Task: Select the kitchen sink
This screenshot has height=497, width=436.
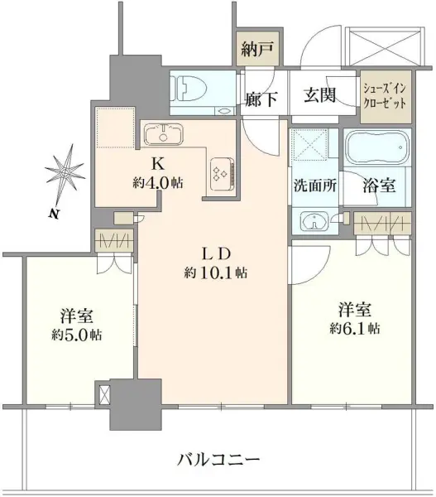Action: pos(165,134)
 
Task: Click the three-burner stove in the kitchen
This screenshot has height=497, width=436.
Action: pos(222,171)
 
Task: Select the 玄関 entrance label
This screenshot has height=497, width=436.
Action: pos(319,95)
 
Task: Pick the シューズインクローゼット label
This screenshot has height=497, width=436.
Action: pos(386,98)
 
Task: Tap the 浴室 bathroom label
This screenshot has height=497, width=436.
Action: pos(379,186)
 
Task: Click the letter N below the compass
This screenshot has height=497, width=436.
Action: pos(53,214)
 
